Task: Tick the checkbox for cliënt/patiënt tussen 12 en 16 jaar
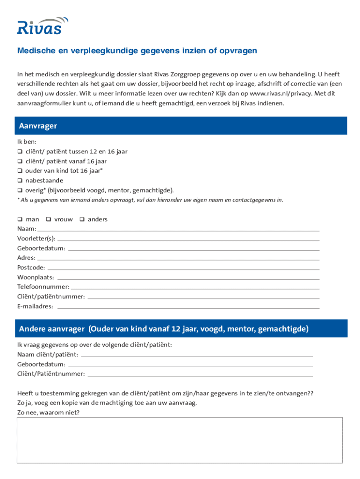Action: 20,152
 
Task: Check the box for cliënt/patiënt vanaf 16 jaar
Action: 20,161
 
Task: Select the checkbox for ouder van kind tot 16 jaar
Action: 20,171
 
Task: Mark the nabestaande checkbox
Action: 20,181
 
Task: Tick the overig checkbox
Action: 20,190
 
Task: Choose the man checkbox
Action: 20,219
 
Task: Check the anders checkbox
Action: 82,219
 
